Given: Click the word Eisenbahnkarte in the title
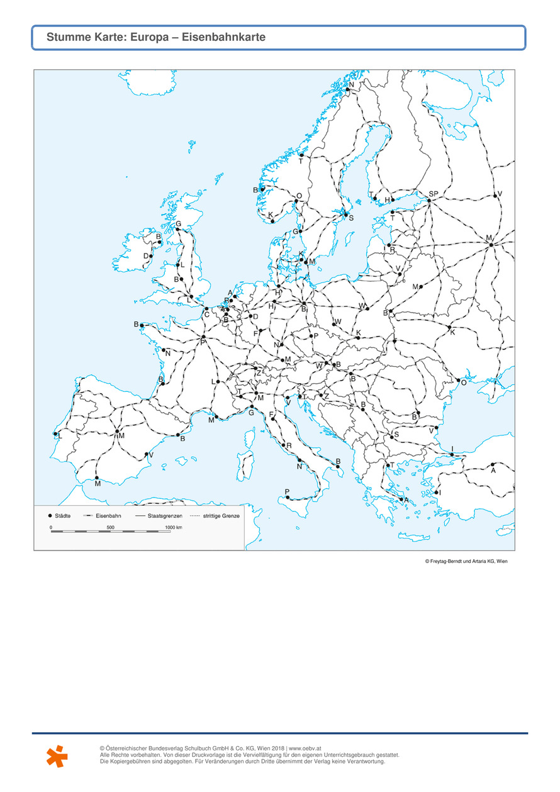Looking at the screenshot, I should [232, 38].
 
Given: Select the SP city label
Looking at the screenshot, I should [434, 194].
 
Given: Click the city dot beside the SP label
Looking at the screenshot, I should [428, 201].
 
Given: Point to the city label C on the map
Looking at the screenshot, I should [206, 315].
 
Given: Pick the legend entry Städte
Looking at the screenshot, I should [63, 515].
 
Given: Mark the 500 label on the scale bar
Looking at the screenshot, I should [110, 527].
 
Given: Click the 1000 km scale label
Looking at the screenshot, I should [173, 527].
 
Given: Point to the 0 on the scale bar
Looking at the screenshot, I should [51, 527].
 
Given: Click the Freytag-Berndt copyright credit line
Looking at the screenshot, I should [466, 562].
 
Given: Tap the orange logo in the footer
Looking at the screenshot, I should [57, 756].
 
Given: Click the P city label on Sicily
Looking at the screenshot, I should [287, 491].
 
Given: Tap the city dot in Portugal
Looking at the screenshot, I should [55, 433].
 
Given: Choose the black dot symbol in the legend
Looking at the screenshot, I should [50, 515].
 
